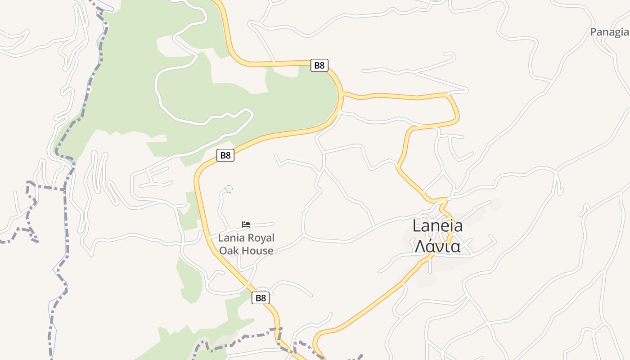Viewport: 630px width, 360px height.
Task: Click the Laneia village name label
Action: point(437,226)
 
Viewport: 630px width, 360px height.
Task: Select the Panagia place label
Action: point(609,32)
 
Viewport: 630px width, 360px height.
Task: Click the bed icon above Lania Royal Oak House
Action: point(246,224)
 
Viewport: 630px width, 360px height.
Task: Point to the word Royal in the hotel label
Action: point(259,238)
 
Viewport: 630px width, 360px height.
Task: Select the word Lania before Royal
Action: point(230,238)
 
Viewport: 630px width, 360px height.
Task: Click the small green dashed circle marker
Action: point(229,189)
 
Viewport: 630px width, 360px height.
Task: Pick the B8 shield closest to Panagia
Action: point(319,65)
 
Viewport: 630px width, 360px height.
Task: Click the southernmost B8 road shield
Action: point(261,298)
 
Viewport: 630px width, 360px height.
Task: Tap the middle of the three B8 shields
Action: point(225,156)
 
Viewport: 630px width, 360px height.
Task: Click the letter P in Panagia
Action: point(594,32)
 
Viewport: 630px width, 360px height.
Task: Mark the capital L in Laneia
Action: point(417,226)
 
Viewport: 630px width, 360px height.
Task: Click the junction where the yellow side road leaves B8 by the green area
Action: point(343,94)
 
